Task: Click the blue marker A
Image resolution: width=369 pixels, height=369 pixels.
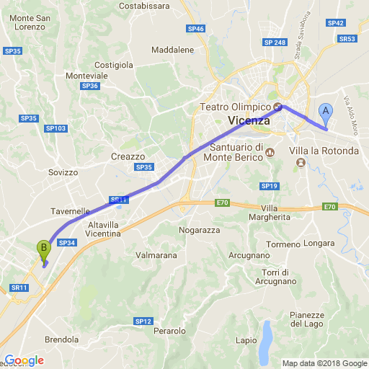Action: pyautogui.click(x=325, y=112)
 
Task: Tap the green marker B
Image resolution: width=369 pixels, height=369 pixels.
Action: pyautogui.click(x=43, y=249)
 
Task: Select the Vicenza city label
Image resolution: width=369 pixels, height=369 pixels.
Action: pyautogui.click(x=248, y=121)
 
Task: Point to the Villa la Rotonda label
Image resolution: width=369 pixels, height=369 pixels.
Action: pyautogui.click(x=324, y=151)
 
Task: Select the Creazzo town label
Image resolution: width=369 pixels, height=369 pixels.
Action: pyautogui.click(x=128, y=156)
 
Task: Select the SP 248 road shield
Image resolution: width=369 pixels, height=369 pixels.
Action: pyautogui.click(x=275, y=43)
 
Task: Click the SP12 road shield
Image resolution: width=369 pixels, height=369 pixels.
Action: pyautogui.click(x=143, y=321)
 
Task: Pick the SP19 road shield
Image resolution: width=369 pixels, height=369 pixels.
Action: pyautogui.click(x=270, y=186)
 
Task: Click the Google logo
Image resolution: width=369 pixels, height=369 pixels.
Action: pyautogui.click(x=24, y=360)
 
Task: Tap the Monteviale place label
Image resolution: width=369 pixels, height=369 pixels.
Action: pyautogui.click(x=86, y=76)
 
